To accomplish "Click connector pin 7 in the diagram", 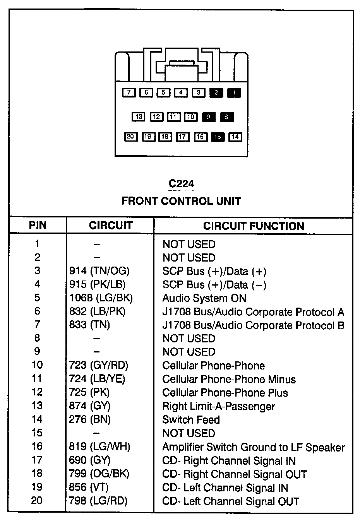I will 129,93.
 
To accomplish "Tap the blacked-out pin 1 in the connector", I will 234,93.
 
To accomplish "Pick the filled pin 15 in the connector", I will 218,137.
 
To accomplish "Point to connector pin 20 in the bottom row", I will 130,137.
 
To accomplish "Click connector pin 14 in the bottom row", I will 235,137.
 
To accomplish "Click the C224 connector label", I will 181,183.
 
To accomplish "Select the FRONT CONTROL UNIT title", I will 181,201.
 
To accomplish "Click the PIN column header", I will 38,226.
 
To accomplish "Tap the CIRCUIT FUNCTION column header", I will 254,226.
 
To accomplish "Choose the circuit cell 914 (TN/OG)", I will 99,271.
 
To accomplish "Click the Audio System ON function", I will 204,298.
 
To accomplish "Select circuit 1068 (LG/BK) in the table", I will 101,298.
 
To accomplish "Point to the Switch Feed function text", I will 191,420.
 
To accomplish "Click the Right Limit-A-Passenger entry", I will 219,406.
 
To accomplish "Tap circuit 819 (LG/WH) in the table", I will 99,447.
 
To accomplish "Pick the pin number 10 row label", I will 37,365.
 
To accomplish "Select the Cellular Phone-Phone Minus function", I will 229,379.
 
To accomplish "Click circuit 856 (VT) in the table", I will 89,487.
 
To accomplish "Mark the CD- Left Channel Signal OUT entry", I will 231,501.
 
